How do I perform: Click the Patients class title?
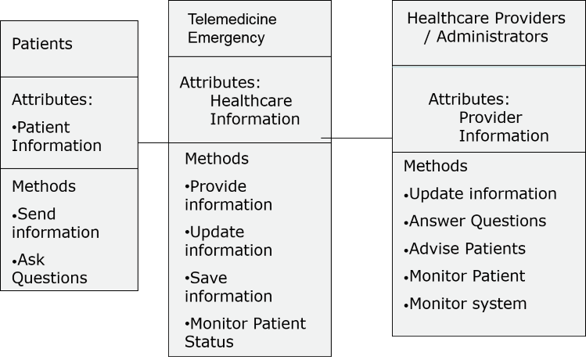coord(42,44)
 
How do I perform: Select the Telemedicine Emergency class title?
coord(232,28)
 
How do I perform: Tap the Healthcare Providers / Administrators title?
coord(486,27)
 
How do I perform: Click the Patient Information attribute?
coord(56,136)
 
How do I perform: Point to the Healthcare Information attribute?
coord(254,110)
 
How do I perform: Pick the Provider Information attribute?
coord(504,127)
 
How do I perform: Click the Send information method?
coord(56,223)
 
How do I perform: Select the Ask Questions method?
coord(49,268)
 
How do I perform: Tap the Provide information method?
coord(228,196)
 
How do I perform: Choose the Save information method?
coord(228,287)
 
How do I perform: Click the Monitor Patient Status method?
coord(245,333)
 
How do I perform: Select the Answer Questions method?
coord(475,221)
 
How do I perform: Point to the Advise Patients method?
coord(465,249)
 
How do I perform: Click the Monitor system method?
coord(465,304)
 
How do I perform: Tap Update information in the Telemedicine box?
coord(228,241)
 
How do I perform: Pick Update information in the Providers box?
coord(480,193)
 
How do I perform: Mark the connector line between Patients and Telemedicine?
coord(153,142)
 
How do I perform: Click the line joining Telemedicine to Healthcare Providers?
coord(357,139)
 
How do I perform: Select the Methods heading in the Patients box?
coord(44,186)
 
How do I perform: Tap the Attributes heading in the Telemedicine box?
coord(220,83)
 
